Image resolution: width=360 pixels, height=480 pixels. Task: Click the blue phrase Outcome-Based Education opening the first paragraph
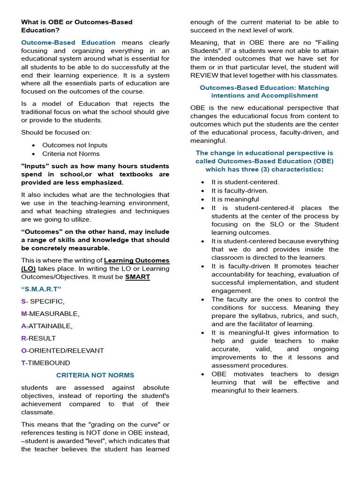point(68,43)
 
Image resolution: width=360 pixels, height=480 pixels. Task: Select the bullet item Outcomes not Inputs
point(75,145)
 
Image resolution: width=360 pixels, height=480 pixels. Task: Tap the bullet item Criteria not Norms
point(71,154)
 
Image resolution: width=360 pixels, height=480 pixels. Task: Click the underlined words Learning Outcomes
point(136,261)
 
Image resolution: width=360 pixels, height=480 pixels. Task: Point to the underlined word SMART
point(137,277)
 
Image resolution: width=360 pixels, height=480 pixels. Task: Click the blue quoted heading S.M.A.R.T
point(41,289)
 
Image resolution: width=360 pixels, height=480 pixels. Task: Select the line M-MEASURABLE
point(50,314)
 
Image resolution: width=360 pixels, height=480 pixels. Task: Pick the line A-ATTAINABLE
point(47,326)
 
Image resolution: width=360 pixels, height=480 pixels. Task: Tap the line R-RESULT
point(38,338)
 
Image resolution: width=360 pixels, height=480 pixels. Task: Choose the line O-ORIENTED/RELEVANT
point(62,351)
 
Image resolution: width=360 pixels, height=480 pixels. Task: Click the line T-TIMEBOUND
point(45,363)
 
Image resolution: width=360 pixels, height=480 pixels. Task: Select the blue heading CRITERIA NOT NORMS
point(95,375)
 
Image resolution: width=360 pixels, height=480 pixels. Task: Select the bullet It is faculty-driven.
point(240,191)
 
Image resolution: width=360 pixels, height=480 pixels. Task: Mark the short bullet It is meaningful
point(235,199)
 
